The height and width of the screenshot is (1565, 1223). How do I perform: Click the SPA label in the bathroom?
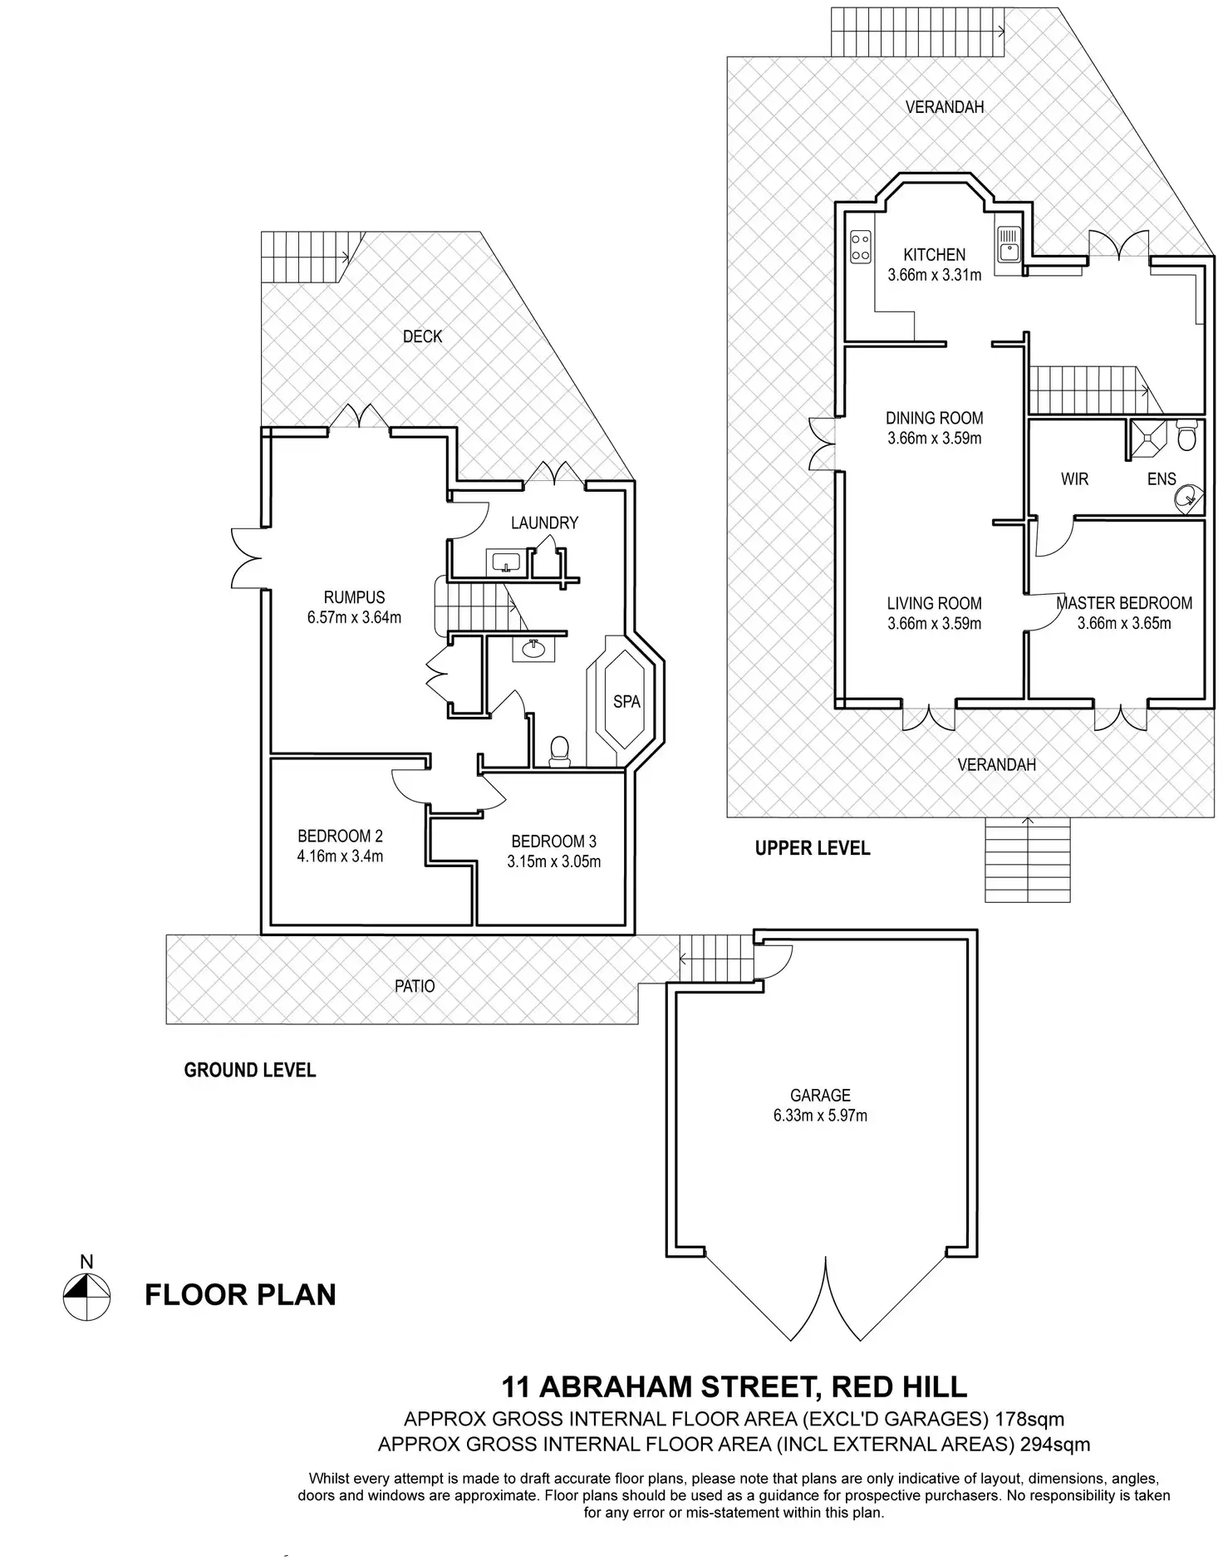(x=626, y=702)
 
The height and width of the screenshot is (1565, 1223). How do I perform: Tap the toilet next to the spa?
(x=560, y=750)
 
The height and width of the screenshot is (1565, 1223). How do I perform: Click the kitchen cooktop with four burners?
(x=860, y=246)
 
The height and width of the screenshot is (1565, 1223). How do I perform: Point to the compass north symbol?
(x=86, y=1297)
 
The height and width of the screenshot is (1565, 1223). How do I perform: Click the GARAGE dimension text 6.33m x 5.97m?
(x=820, y=1116)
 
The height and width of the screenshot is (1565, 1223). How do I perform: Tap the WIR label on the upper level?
(x=1074, y=479)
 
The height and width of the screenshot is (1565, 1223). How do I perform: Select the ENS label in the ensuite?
(x=1162, y=479)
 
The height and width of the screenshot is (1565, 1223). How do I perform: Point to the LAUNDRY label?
(x=544, y=523)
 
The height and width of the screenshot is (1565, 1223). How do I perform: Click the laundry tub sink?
(x=505, y=563)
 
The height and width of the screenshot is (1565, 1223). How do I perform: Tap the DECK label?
(x=422, y=336)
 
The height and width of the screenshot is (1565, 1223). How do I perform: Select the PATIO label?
(x=415, y=986)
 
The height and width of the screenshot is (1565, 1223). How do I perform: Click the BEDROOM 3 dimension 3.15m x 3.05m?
(x=553, y=862)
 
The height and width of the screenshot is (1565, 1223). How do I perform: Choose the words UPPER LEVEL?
(x=812, y=848)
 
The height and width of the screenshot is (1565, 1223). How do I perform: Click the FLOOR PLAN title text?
(x=240, y=1295)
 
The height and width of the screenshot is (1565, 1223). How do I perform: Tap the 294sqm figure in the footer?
(x=1053, y=1444)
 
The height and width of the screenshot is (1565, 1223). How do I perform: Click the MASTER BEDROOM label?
(x=1124, y=604)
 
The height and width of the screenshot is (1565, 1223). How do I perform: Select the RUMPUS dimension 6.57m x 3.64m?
(x=354, y=618)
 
